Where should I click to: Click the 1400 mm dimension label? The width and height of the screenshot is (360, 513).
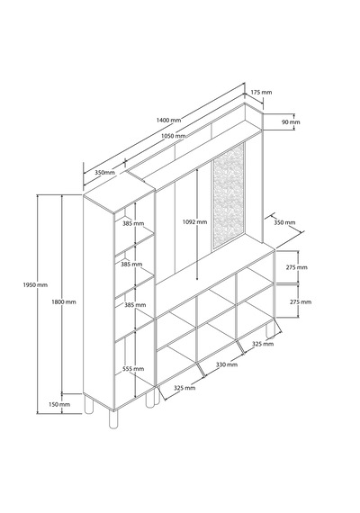point(168,120)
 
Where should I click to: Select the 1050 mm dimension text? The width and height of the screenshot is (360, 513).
point(174,136)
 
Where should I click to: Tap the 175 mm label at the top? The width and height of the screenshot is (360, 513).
point(261,93)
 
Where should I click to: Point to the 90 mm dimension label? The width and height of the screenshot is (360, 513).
point(291,122)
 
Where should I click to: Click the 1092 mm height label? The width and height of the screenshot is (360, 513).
point(194,221)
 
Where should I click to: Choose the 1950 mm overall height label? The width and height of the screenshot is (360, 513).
point(35,285)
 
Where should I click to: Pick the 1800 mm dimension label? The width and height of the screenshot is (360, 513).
point(64,301)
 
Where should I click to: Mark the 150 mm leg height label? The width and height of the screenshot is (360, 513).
point(59,404)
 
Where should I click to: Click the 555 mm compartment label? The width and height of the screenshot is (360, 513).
point(133,369)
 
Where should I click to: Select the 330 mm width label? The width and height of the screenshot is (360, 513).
point(227,364)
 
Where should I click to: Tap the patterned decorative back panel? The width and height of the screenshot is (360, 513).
point(229,196)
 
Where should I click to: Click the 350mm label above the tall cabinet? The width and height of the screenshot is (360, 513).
point(104,172)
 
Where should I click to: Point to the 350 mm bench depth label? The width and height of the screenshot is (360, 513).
point(284,222)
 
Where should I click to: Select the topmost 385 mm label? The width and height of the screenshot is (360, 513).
point(133,224)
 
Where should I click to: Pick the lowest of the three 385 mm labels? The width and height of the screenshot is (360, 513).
point(135,305)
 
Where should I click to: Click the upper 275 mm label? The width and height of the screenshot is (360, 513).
point(297,267)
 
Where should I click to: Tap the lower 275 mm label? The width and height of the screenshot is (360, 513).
point(301,301)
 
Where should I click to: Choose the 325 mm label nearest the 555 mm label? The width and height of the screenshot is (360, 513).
point(184,388)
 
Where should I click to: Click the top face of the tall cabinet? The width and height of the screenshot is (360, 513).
point(119,192)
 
